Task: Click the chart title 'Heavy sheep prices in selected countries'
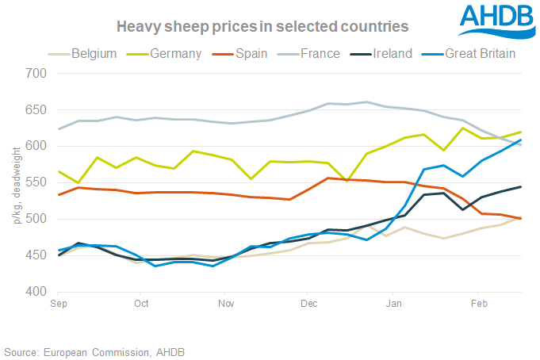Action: [x=262, y=26]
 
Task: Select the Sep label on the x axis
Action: [x=58, y=304]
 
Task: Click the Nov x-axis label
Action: [x=226, y=304]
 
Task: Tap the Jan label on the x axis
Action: [x=394, y=304]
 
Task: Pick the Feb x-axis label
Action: [x=478, y=304]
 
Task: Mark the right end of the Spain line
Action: [x=520, y=219]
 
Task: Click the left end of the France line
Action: [x=58, y=129]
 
